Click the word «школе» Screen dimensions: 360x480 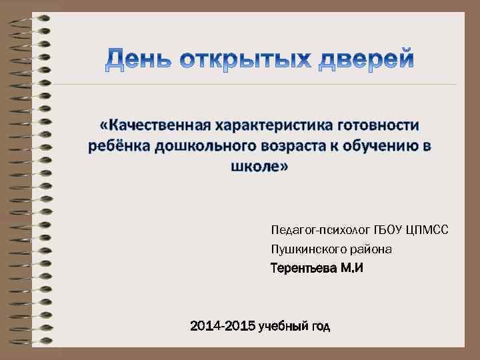click(257, 166)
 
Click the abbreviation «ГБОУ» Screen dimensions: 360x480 click(385, 230)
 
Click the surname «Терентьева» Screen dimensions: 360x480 click(303, 269)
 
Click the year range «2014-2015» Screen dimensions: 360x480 click(223, 327)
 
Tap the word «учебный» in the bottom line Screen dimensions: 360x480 click(283, 327)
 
